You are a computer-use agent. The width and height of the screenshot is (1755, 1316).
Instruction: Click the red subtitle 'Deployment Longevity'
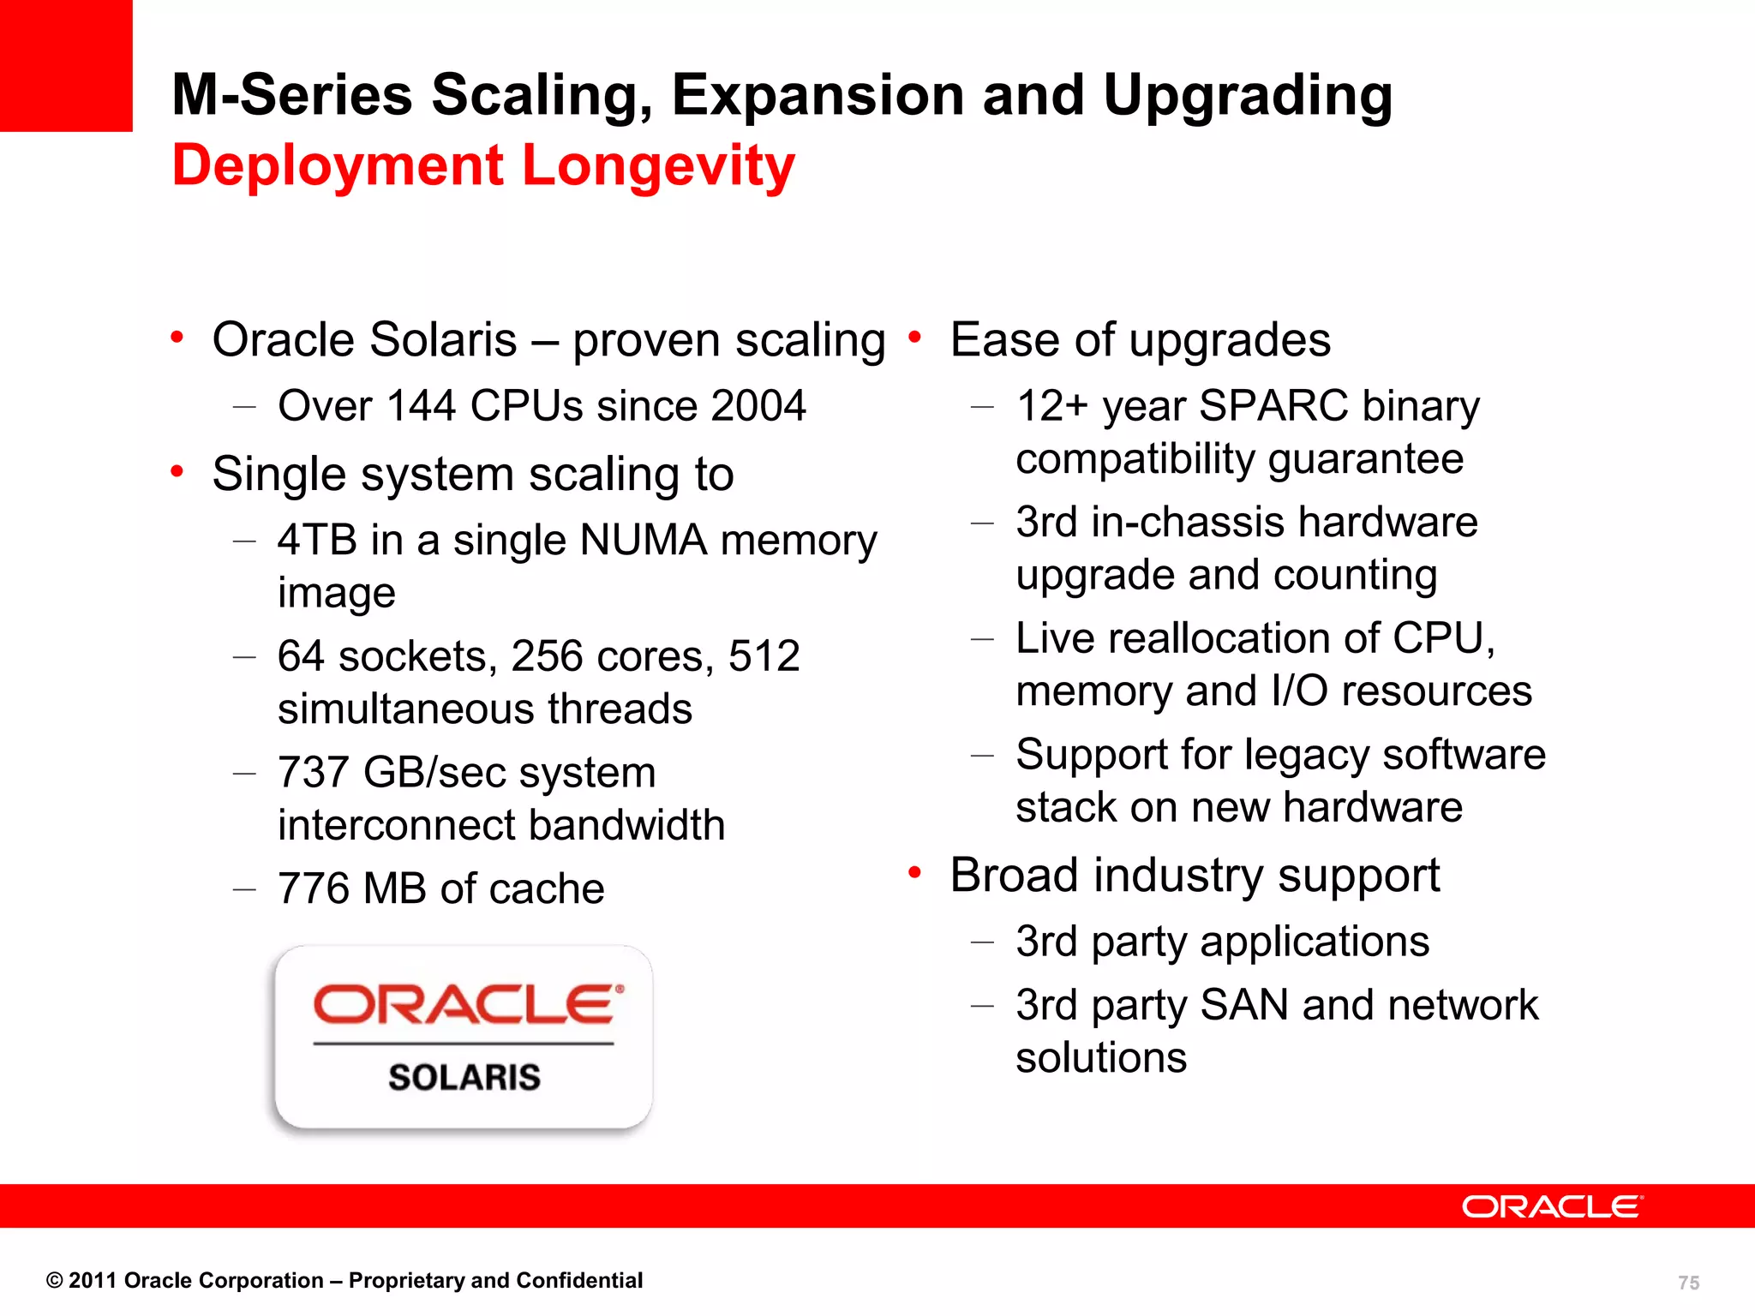tap(483, 164)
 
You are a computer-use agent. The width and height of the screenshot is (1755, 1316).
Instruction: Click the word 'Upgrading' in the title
tap(1248, 96)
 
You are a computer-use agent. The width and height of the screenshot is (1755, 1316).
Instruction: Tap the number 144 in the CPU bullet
tap(421, 405)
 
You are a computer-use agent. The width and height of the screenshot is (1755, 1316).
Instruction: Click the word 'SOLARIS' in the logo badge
tap(464, 1077)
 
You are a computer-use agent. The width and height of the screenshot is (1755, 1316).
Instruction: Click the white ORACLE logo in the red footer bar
tap(1552, 1206)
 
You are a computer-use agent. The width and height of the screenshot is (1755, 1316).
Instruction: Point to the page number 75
tap(1688, 1283)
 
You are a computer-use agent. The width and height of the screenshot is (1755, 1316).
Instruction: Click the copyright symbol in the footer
tap(54, 1281)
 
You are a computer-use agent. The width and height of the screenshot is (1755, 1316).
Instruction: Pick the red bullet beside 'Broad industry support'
tap(914, 873)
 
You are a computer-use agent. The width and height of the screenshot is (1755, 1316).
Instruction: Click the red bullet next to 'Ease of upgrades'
tap(914, 338)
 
